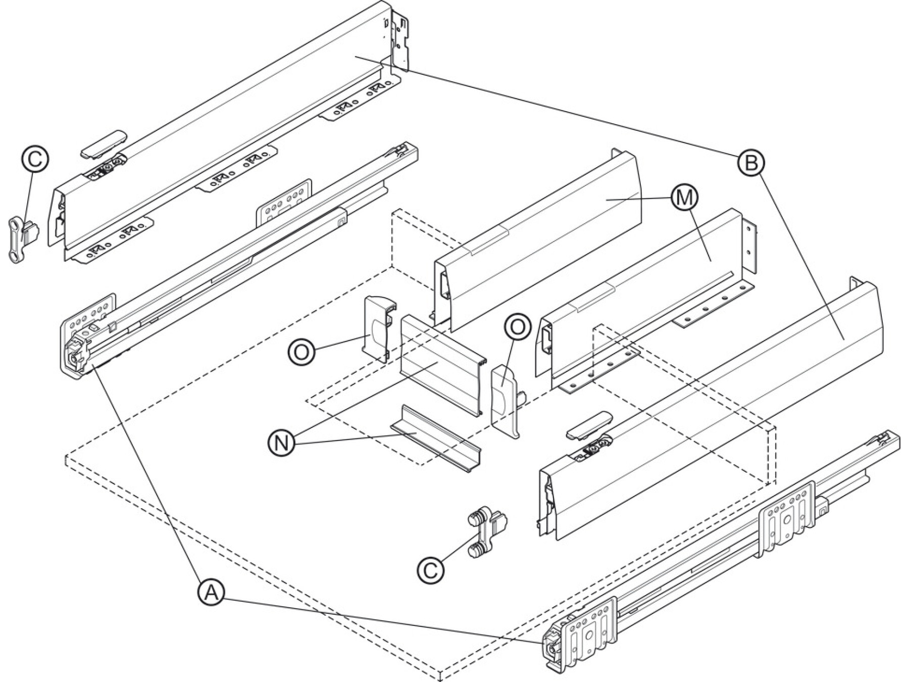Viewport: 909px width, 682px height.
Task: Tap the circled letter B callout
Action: click(750, 163)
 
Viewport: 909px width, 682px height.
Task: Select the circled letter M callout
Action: click(684, 198)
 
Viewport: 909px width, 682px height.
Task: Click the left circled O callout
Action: click(301, 351)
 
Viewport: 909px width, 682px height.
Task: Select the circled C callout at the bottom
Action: click(430, 570)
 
